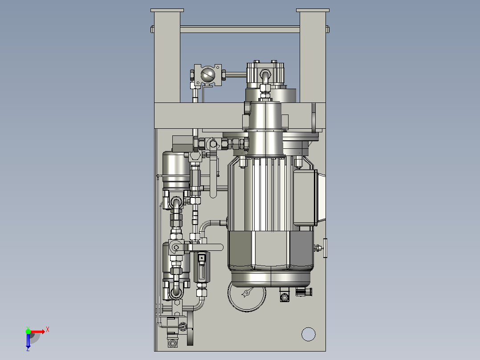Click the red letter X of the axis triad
click(48, 330)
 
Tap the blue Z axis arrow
click(28, 341)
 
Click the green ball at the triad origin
click(28, 331)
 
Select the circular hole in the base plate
click(308, 334)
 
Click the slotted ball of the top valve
click(208, 75)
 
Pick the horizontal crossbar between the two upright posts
click(240, 29)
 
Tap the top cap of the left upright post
click(167, 10)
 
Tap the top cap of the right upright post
click(313, 10)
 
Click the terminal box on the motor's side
click(305, 198)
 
